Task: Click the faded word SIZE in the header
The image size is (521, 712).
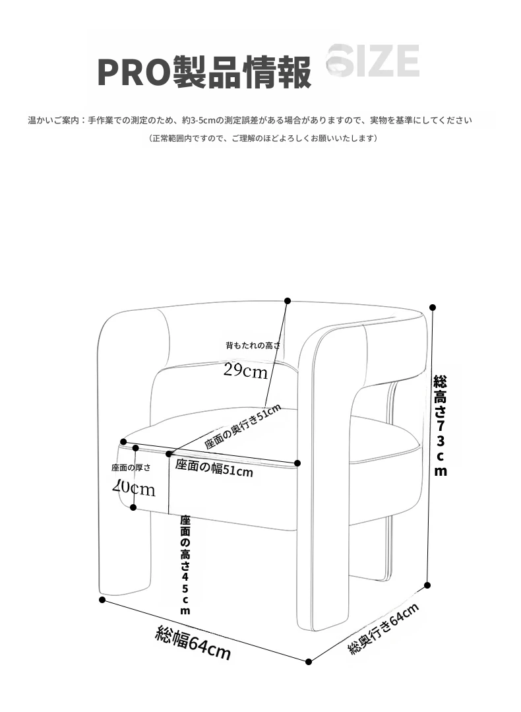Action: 373,63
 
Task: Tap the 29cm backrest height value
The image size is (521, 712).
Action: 245,371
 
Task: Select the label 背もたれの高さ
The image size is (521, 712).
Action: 253,345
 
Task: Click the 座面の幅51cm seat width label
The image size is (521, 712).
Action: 214,468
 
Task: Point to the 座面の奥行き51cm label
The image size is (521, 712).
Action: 242,427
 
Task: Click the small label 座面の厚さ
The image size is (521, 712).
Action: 131,467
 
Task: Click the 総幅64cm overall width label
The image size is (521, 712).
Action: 193,643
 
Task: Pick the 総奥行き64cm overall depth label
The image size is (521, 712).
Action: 384,629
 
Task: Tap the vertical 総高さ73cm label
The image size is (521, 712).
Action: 440,425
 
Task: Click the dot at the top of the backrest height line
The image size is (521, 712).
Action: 288,301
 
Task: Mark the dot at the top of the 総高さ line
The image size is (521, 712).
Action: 433,307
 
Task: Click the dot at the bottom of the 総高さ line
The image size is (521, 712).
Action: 427,585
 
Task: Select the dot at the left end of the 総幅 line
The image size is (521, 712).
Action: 102,600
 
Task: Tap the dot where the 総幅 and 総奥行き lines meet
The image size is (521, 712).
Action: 309,661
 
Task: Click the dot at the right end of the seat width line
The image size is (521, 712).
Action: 297,463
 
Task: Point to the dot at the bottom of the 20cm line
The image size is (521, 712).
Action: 133,507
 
